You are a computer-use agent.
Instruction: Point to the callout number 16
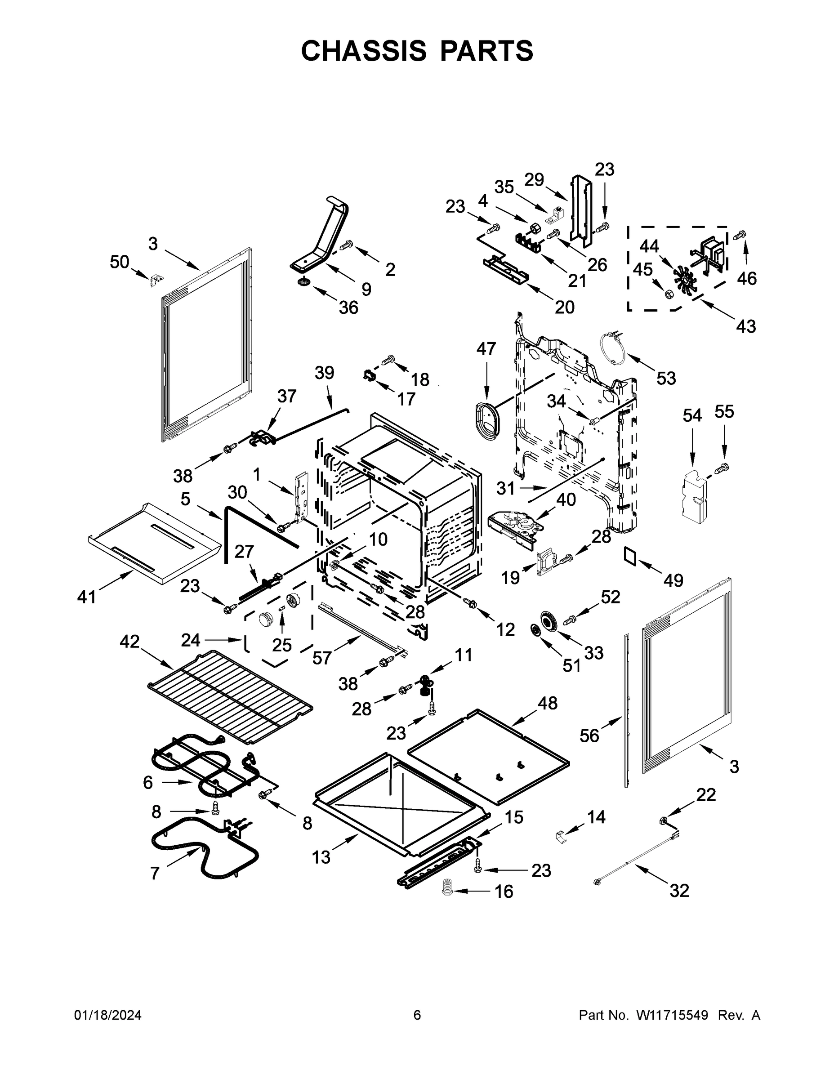(x=504, y=892)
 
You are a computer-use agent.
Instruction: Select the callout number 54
(x=692, y=415)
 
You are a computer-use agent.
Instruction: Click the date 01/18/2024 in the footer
(x=108, y=1015)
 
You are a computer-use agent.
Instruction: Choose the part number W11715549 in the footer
(x=672, y=1015)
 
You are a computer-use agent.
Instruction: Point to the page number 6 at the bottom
(x=417, y=1015)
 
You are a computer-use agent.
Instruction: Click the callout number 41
(x=86, y=597)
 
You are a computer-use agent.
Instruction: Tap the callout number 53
(x=665, y=379)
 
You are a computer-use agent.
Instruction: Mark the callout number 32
(x=679, y=890)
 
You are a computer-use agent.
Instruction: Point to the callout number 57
(x=321, y=658)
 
